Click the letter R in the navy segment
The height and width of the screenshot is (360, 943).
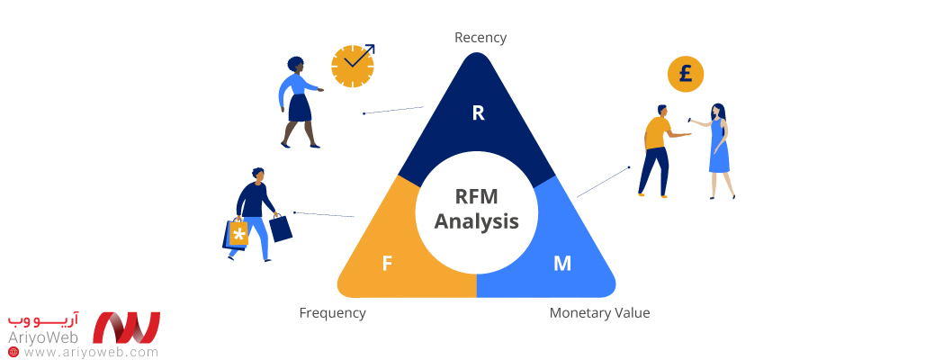click(x=478, y=112)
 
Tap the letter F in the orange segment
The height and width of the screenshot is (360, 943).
click(x=387, y=264)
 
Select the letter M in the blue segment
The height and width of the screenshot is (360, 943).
click(x=562, y=264)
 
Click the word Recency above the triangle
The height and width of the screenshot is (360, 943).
click(x=480, y=38)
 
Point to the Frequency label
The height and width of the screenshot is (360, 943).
click(x=332, y=313)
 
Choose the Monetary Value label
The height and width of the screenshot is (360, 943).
click(x=599, y=313)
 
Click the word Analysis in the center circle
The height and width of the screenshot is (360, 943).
click(x=477, y=221)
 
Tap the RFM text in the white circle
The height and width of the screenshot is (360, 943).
click(x=477, y=195)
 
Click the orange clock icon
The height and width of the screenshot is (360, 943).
click(x=352, y=66)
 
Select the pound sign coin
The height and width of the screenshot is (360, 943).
click(x=686, y=74)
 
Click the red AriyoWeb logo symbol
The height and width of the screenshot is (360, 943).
click(x=127, y=328)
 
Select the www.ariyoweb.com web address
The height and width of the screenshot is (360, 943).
click(x=90, y=352)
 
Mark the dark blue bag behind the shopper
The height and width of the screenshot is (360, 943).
click(x=281, y=228)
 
